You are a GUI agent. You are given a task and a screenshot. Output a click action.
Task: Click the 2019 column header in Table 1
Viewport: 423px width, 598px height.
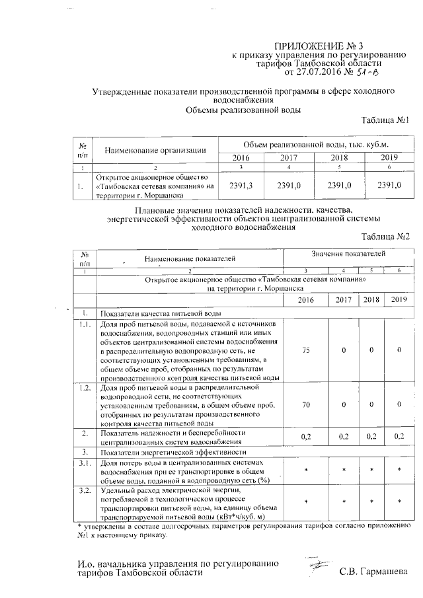pos(389,159)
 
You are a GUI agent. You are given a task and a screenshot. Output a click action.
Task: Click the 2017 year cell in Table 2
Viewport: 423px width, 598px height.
pos(343,299)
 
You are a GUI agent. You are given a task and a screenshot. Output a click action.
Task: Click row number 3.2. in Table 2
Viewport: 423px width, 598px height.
pos(85,491)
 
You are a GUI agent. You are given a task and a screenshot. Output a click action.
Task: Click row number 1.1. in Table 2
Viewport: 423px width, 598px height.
pos(85,324)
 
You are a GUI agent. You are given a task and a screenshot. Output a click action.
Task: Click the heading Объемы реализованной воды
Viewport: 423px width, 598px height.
pos(243,110)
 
